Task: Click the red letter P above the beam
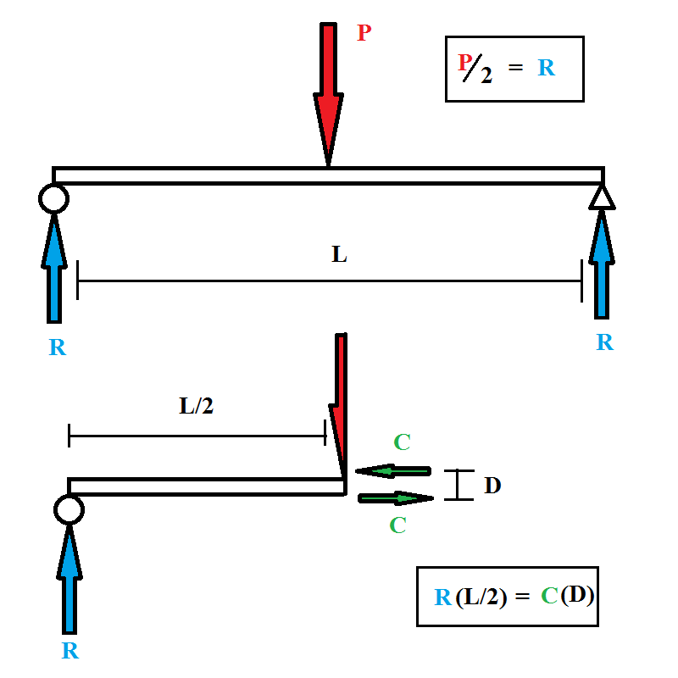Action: (x=364, y=34)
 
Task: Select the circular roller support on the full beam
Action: (x=53, y=198)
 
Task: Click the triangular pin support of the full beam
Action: (x=602, y=197)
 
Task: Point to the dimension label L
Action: (x=339, y=254)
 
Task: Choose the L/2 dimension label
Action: (x=197, y=406)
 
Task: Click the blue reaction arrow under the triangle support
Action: (x=602, y=263)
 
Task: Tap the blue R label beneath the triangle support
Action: (x=604, y=342)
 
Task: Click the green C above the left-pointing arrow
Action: (x=403, y=442)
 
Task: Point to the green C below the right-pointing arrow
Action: (x=397, y=525)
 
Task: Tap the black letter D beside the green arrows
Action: (x=492, y=486)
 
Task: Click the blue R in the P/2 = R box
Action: (x=547, y=69)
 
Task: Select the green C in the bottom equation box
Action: (x=550, y=597)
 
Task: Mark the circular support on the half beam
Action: (x=69, y=509)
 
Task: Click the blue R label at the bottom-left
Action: (x=70, y=651)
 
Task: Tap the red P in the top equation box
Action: (x=464, y=63)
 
